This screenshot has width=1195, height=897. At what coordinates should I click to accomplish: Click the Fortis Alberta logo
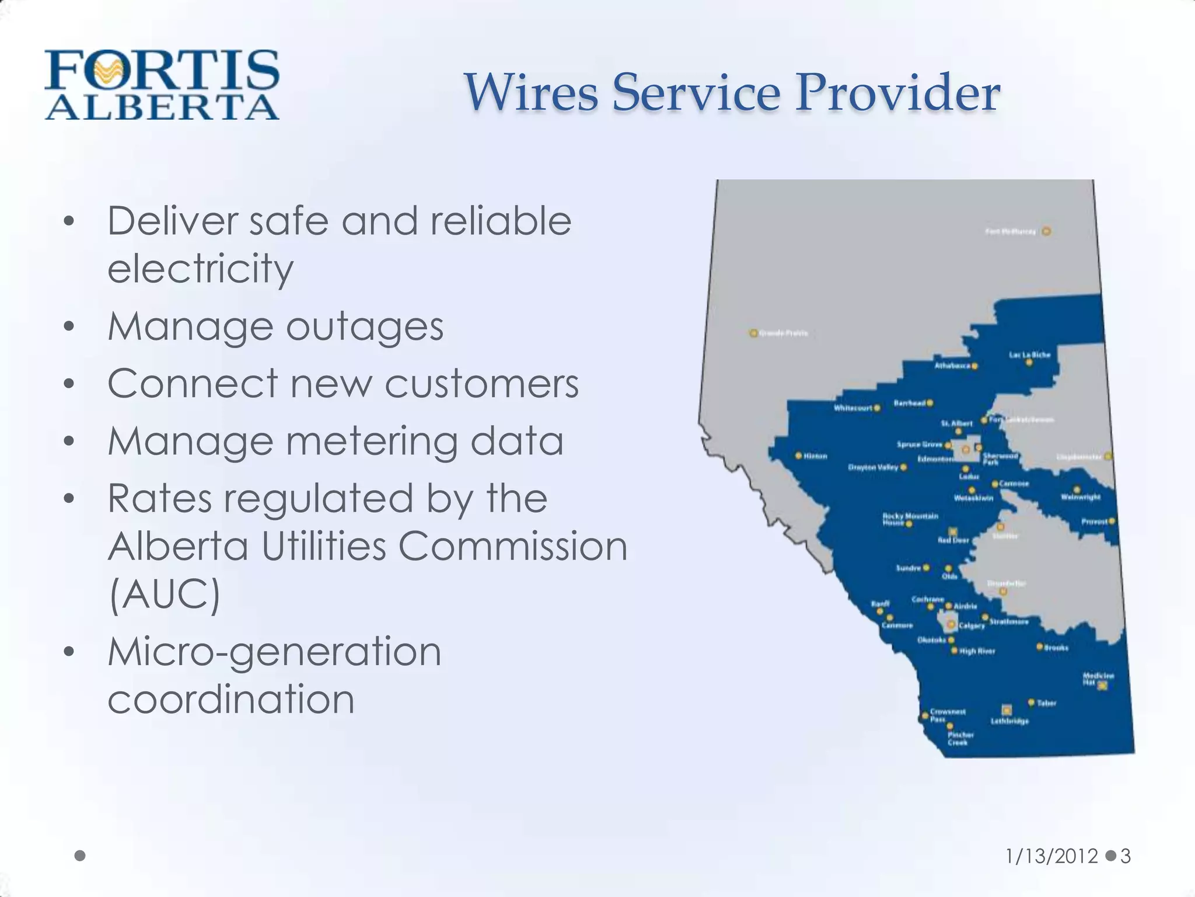[162, 85]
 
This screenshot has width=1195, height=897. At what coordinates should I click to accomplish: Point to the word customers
[481, 384]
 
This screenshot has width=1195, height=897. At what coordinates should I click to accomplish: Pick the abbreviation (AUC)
[165, 594]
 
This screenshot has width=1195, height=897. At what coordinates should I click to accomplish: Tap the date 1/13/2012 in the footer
[1051, 856]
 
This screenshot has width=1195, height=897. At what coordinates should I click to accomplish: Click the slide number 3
[1126, 856]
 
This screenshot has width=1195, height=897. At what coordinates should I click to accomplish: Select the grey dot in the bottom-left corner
[81, 856]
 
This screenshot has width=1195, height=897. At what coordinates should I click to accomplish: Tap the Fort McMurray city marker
[1047, 231]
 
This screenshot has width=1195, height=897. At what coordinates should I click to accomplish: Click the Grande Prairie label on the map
[783, 333]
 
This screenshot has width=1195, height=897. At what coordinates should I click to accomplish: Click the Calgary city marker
[951, 625]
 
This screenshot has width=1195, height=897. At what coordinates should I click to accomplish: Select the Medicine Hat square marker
[1102, 686]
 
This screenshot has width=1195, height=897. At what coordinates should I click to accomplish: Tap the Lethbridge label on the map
[1009, 721]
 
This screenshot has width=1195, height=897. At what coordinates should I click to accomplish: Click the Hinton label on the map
[815, 456]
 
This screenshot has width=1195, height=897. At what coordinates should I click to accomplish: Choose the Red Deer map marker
[953, 531]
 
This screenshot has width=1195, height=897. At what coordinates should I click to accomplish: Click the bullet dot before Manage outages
[69, 327]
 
